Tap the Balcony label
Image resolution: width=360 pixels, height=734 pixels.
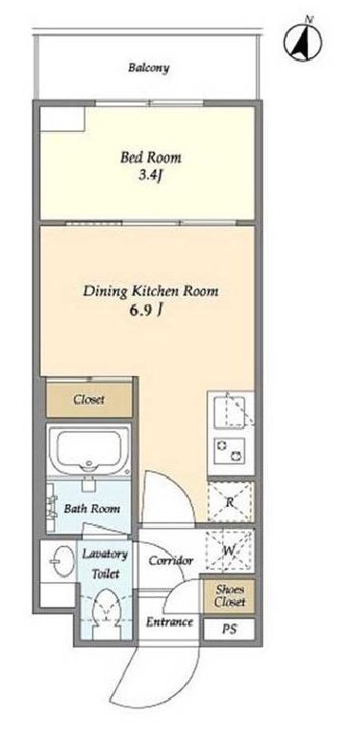tap(149, 67)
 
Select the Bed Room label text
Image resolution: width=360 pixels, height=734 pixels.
tap(151, 158)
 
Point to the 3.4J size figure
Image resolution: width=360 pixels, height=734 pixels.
tap(150, 176)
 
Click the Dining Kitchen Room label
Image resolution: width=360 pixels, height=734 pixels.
tap(151, 292)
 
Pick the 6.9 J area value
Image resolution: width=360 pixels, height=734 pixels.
tap(146, 311)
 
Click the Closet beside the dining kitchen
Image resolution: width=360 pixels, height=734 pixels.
tap(89, 400)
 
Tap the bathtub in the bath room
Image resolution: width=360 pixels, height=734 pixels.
tap(89, 450)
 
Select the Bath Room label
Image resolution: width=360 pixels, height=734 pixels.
tap(92, 508)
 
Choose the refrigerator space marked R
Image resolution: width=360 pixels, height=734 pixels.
tap(230, 502)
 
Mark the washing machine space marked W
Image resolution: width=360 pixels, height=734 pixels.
tap(229, 551)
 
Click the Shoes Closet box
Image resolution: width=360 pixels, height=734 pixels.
tap(229, 596)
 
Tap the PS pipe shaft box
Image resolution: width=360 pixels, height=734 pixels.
tap(229, 630)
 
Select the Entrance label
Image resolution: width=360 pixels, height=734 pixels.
tap(169, 622)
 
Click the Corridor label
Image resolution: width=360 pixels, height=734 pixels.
tap(171, 560)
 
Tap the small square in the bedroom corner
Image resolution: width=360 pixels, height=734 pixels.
tap(62, 119)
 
